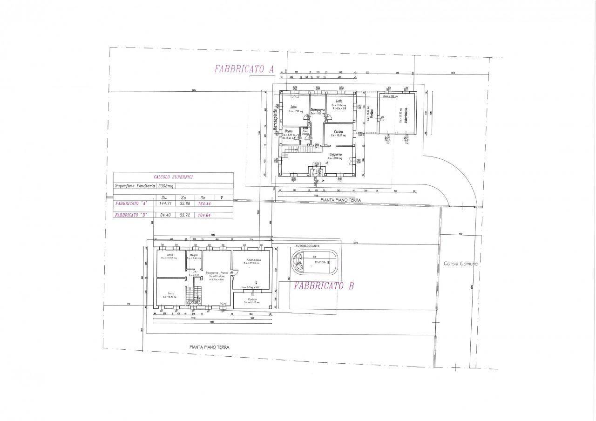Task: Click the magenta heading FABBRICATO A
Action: click(244, 69)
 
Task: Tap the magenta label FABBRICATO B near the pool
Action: click(324, 285)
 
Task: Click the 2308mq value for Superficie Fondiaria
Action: click(166, 185)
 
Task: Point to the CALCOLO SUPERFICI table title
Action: click(173, 177)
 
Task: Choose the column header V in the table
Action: click(222, 197)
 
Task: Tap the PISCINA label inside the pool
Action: click(320, 262)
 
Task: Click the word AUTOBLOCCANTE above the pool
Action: click(307, 246)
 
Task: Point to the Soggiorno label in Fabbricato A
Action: click(336, 154)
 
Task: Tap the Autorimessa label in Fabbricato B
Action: click(251, 260)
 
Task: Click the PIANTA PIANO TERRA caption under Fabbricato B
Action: click(209, 347)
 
